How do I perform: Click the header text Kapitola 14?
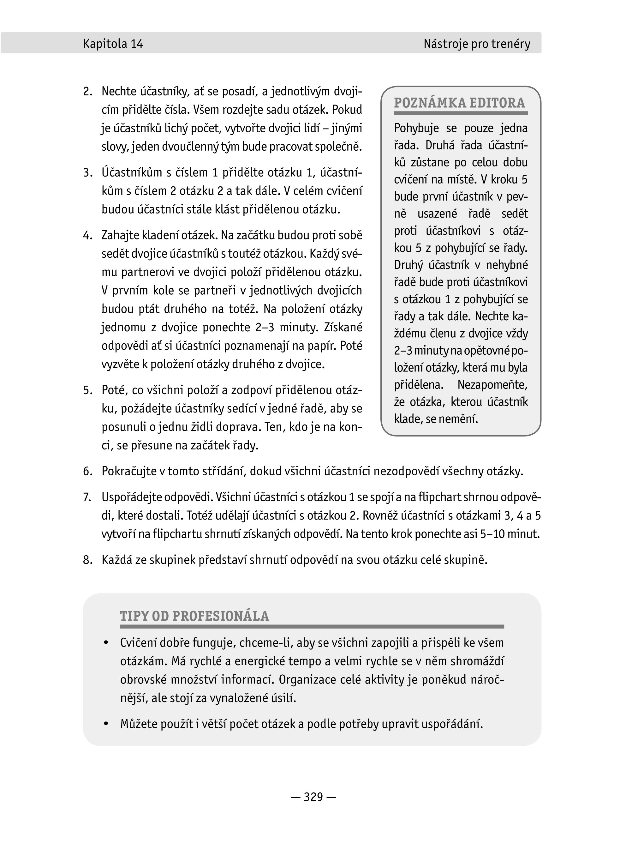113,44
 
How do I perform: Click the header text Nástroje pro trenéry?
477,44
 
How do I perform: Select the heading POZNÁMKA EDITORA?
459,103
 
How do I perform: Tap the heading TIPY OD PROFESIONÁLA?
194,616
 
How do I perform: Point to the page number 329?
313,797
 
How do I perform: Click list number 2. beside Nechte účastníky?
87,92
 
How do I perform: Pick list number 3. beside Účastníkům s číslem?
87,173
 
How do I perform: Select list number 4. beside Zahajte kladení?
87,235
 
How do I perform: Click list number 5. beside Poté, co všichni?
87,390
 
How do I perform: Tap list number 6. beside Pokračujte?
87,472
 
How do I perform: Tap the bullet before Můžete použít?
106,724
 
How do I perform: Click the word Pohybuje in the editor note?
416,129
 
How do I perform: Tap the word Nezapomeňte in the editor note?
492,385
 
